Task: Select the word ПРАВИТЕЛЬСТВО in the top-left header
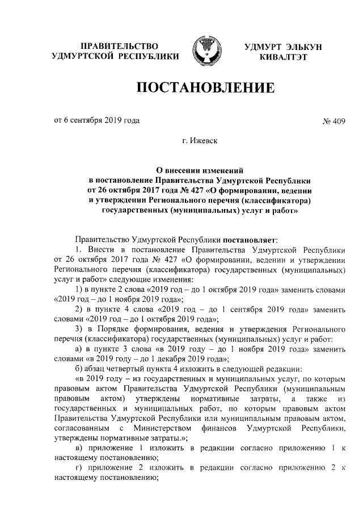[119, 45]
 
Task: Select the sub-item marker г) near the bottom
[79, 468]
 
